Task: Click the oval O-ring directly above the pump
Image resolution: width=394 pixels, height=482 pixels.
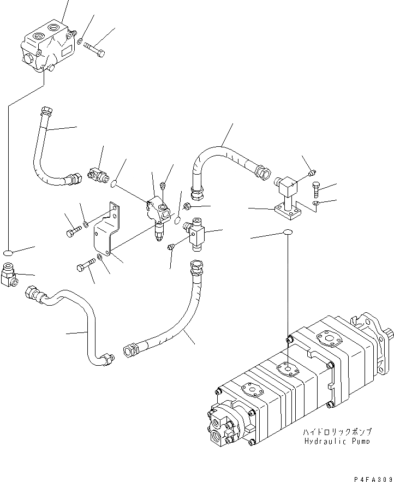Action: [x=287, y=234]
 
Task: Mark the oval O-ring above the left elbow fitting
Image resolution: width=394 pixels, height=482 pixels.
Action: [x=8, y=252]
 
